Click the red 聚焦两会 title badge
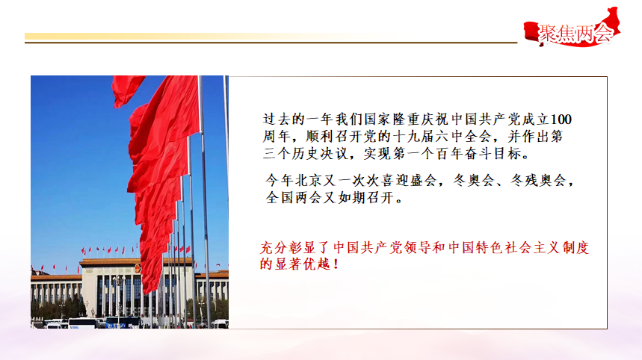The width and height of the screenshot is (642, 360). [572, 28]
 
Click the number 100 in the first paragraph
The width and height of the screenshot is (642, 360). [561, 120]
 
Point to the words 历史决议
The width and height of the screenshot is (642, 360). [319, 154]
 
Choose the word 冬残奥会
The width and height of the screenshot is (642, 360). [539, 181]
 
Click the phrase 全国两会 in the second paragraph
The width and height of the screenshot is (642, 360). [294, 198]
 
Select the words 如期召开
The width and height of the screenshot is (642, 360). [366, 198]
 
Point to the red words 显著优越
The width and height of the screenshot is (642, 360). [302, 264]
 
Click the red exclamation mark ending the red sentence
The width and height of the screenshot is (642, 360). [336, 264]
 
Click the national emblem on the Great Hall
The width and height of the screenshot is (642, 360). [138, 269]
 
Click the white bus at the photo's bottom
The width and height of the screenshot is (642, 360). [82, 323]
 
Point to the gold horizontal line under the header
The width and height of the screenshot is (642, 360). [271, 42]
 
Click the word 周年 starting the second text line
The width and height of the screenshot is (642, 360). [277, 137]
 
